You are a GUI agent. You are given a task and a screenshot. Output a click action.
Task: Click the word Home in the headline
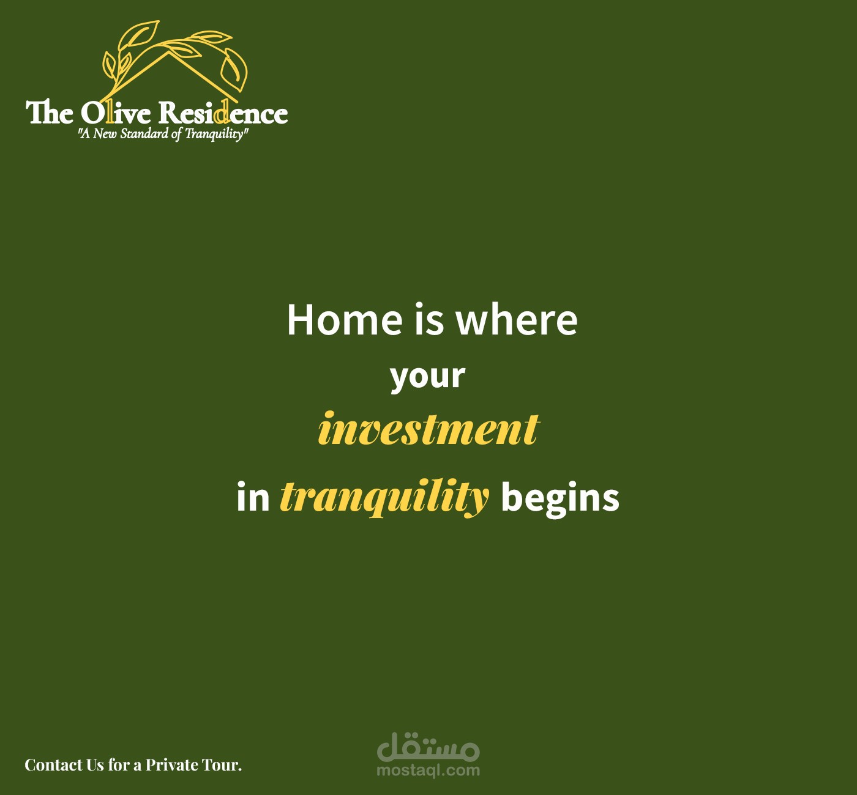point(345,319)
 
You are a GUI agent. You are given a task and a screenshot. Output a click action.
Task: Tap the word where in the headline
point(517,319)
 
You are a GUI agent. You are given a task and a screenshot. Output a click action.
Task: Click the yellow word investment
point(428,428)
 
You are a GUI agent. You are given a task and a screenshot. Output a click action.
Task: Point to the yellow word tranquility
point(384,498)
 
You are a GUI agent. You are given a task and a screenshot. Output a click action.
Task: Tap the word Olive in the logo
point(116,113)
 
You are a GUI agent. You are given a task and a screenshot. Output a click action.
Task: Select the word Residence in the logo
point(223,113)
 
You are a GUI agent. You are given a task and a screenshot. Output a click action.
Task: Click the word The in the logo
point(50,113)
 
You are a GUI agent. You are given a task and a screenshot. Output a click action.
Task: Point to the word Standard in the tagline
point(144,133)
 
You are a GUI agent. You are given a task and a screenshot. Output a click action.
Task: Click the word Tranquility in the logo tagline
point(215,134)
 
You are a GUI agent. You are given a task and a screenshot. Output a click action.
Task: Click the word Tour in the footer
point(222,765)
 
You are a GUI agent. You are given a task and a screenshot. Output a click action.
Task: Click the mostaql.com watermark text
point(428,770)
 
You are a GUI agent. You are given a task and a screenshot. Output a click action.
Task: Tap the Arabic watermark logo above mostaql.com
point(428,746)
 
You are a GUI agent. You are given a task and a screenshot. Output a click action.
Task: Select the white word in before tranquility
point(253,498)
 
